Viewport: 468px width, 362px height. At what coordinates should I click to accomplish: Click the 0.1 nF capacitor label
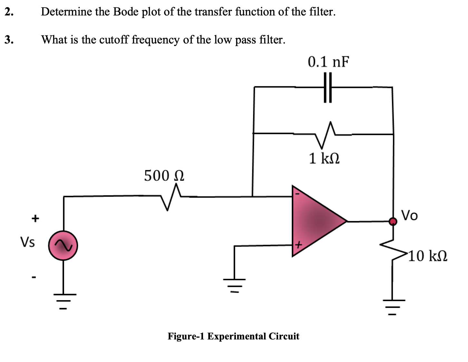click(x=328, y=62)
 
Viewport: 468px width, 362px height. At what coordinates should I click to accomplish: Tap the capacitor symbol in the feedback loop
click(x=327, y=87)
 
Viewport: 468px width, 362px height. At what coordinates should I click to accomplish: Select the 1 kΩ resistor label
click(x=324, y=158)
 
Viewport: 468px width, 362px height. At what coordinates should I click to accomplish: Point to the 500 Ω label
click(x=164, y=176)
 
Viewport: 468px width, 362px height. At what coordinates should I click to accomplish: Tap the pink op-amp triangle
click(x=316, y=221)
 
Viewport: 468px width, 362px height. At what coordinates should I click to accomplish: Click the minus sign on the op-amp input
click(x=297, y=194)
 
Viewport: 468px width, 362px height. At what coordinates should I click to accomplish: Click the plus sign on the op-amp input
click(x=298, y=246)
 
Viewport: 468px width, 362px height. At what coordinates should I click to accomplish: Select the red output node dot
click(x=393, y=222)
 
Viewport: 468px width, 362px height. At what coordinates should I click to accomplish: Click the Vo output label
click(x=409, y=215)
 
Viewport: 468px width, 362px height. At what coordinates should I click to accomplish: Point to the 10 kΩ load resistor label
click(x=427, y=256)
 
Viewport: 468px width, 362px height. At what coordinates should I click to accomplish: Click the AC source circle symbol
click(x=63, y=246)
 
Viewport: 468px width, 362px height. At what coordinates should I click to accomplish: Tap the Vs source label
click(x=28, y=242)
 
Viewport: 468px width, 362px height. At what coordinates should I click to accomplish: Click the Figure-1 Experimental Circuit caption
click(x=233, y=336)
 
